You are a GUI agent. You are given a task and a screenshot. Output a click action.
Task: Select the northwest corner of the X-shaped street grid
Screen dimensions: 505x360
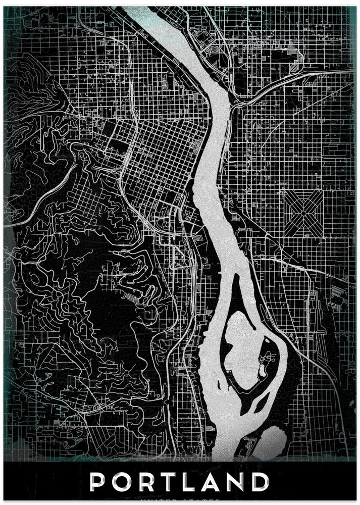[284, 191]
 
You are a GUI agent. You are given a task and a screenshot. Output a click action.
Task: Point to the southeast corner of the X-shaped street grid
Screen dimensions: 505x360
[322, 236]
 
